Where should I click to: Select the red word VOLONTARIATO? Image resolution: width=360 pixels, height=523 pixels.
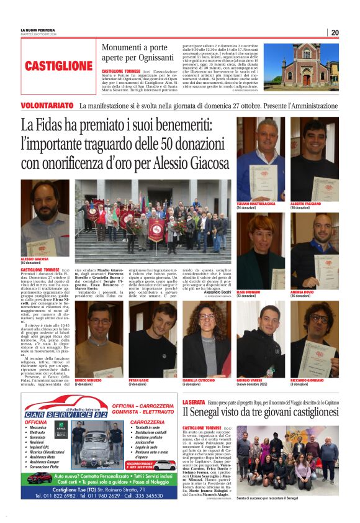click(x=46, y=106)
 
